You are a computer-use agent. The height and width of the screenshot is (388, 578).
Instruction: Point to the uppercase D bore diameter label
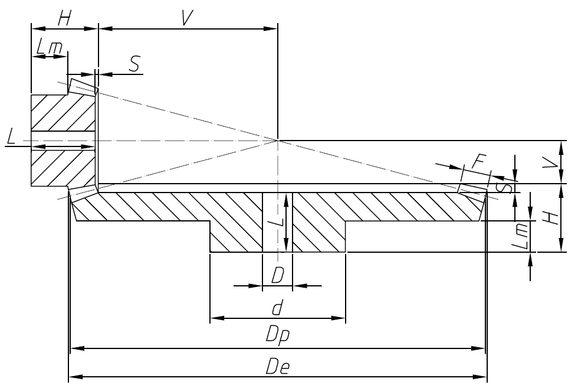pyautogui.click(x=278, y=276)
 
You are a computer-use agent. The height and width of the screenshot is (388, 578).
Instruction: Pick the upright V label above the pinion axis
pyautogui.click(x=188, y=18)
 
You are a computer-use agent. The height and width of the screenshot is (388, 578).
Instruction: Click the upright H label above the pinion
pyautogui.click(x=64, y=18)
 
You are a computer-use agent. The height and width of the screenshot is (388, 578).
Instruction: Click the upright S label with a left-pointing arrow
pyautogui.click(x=135, y=64)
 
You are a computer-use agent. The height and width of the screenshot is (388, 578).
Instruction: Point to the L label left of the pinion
pyautogui.click(x=11, y=138)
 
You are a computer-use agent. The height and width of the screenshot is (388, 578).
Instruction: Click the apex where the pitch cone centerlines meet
pyautogui.click(x=277, y=141)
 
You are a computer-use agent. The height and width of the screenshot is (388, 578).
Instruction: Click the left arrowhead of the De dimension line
pyautogui.click(x=73, y=376)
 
